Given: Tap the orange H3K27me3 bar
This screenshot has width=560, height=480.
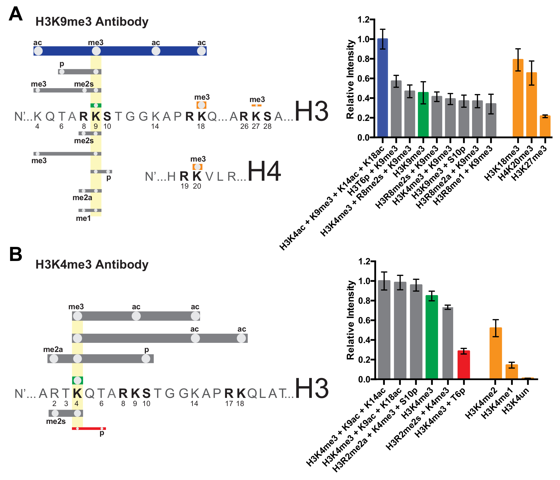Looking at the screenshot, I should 545,126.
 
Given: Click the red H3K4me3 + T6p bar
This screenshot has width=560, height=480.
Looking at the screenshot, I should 463,365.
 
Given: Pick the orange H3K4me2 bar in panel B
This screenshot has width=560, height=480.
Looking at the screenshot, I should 495,353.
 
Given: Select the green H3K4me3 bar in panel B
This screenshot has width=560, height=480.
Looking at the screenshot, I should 432,337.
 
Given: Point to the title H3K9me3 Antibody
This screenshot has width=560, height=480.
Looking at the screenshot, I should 92,22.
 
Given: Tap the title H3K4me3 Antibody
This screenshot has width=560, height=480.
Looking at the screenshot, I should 92,264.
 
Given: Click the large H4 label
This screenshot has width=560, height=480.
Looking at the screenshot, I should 264,171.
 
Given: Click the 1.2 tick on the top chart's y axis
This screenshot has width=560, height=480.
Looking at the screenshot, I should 363,19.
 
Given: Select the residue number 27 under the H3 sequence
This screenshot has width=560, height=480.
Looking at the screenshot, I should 256,126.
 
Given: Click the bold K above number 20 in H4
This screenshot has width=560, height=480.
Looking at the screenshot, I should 197,177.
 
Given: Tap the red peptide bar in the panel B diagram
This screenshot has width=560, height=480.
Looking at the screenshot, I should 89,429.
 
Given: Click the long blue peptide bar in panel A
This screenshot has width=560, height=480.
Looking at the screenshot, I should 120,51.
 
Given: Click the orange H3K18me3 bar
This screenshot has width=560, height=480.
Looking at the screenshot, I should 518,98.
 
